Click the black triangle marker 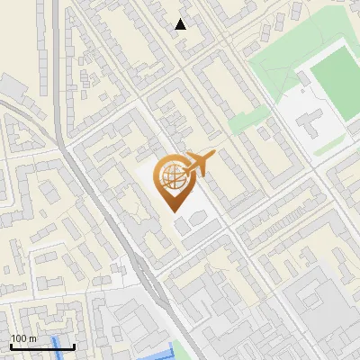click(x=181, y=24)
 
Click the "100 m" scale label click(x=24, y=338)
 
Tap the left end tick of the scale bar click(x=10, y=345)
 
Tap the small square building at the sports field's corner click(x=307, y=80)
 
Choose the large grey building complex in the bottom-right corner click(x=319, y=315)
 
